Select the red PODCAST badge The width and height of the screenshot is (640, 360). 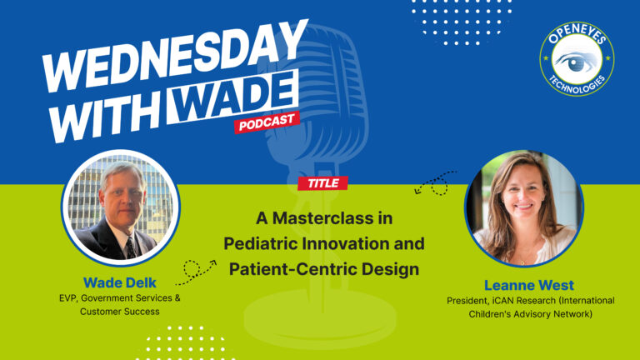[x=266, y=124]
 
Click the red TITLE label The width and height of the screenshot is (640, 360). [x=322, y=183]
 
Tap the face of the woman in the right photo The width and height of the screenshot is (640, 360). [x=524, y=195]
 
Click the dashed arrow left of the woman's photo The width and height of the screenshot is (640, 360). [x=435, y=182]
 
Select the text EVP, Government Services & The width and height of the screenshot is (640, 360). [x=118, y=297]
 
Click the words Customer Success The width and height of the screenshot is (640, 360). [x=118, y=312]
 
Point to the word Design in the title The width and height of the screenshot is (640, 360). [x=395, y=269]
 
